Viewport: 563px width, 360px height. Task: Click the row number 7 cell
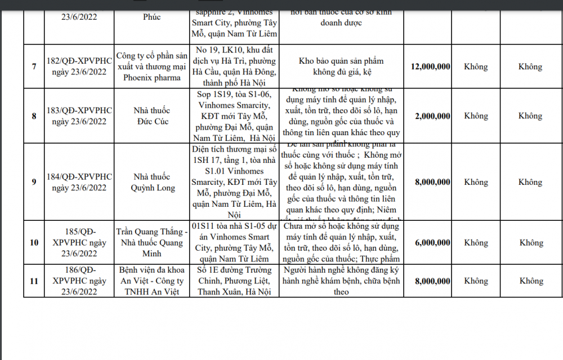click(34, 66)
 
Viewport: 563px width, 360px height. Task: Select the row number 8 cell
click(34, 116)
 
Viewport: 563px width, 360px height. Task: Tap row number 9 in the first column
click(34, 182)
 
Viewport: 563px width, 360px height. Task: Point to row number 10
click(34, 243)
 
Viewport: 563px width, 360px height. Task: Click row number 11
click(34, 281)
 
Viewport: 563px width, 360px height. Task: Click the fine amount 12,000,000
click(431, 66)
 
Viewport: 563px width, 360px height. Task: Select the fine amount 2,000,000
click(432, 116)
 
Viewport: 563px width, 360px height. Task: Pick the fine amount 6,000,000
click(432, 243)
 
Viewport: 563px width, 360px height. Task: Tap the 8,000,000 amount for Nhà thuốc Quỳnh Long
click(432, 182)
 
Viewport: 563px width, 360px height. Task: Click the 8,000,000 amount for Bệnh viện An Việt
click(432, 281)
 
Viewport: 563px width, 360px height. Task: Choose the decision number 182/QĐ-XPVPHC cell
click(79, 66)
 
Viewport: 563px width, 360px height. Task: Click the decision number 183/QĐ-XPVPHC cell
click(79, 116)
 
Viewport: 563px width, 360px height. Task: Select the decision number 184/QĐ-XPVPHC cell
click(79, 182)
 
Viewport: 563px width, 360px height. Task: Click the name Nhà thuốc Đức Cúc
click(152, 116)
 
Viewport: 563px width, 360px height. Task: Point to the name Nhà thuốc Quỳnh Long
click(152, 182)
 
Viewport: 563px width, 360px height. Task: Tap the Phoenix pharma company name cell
click(152, 66)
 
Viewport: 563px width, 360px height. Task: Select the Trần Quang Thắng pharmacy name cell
click(152, 243)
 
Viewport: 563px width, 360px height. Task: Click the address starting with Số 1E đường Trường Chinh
click(235, 281)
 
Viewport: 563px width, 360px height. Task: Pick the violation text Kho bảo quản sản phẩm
click(347, 66)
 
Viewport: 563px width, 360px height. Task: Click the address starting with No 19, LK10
click(235, 66)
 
